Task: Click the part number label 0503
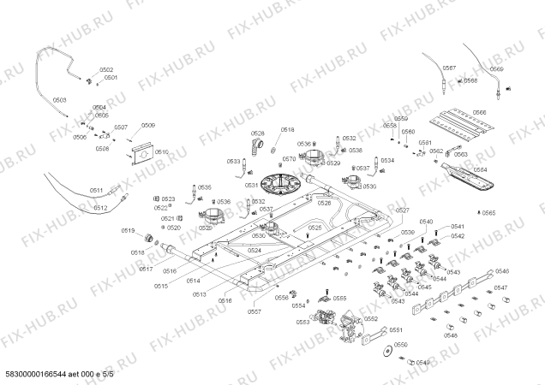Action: pyautogui.click(x=59, y=101)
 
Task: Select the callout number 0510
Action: pyautogui.click(x=162, y=151)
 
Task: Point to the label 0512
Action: pyautogui.click(x=100, y=208)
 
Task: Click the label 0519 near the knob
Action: pyautogui.click(x=128, y=229)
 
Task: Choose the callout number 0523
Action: pyautogui.click(x=168, y=198)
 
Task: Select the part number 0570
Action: pyautogui.click(x=289, y=159)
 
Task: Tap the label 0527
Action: pyautogui.click(x=403, y=210)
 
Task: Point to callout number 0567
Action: pyautogui.click(x=450, y=68)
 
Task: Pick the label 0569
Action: pyautogui.click(x=497, y=68)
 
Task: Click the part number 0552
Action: pyautogui.click(x=370, y=317)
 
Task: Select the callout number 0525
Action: pyautogui.click(x=314, y=228)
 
